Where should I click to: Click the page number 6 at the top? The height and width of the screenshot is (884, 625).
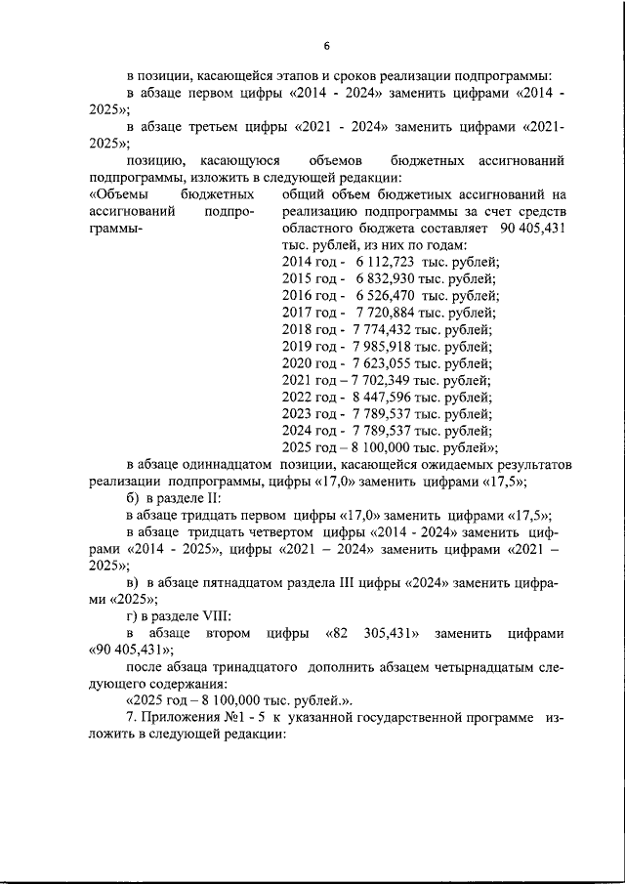coord(327,45)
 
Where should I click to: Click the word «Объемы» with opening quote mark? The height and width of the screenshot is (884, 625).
coord(118,193)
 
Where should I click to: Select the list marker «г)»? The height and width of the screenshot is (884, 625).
coord(135,616)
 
